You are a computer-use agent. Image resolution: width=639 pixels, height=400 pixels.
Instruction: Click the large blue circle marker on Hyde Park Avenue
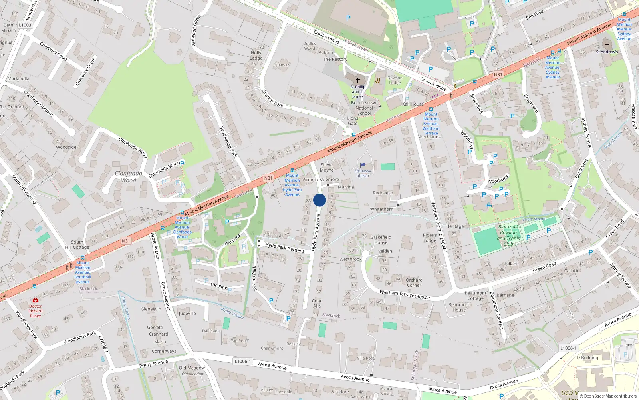[x=319, y=200]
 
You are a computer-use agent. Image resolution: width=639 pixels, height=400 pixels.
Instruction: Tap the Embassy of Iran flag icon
[x=363, y=165]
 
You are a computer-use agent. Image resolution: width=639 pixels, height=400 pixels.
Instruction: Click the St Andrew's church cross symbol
[x=607, y=45]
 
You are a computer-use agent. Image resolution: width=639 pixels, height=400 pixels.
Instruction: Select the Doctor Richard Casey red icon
[x=35, y=300]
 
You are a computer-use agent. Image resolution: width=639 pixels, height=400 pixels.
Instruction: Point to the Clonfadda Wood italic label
[x=129, y=177]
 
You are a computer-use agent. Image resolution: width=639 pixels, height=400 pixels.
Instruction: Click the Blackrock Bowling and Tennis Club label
[x=508, y=235]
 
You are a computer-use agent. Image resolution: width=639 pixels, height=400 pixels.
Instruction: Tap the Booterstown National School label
[x=364, y=108]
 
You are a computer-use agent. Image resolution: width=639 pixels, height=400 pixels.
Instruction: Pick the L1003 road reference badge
[x=25, y=25]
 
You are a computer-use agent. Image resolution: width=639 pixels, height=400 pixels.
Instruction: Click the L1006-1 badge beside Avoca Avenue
[x=242, y=361]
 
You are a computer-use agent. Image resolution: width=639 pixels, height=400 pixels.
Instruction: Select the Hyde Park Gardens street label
[x=285, y=248]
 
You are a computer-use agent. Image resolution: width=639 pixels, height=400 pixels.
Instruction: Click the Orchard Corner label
[x=414, y=282]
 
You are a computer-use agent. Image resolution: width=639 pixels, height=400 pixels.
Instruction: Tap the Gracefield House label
[x=381, y=240]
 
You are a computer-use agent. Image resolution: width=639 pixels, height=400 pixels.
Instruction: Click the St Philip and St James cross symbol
[x=358, y=80]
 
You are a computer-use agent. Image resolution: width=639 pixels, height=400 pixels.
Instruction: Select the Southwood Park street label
[x=228, y=142]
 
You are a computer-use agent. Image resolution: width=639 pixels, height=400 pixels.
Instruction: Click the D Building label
[x=587, y=358]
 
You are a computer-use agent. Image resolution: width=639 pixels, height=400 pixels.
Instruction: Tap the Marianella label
[x=18, y=79]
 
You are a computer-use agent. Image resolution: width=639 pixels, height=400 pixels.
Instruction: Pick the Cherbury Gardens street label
[x=38, y=104]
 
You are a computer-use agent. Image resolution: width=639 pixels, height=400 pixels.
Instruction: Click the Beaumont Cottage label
[x=475, y=296]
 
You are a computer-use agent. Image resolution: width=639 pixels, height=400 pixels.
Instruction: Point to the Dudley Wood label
[x=309, y=46]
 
